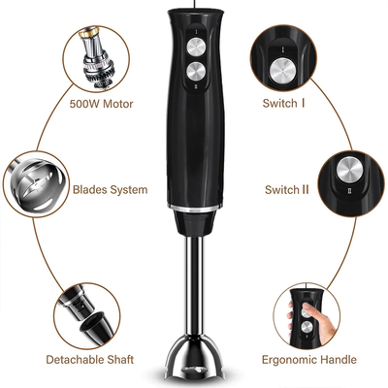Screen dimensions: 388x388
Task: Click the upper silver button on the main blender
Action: [x=196, y=48]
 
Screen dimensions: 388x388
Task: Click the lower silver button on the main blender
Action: [x=196, y=72]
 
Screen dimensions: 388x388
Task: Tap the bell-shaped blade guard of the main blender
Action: [x=195, y=359]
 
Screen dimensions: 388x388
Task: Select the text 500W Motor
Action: [x=101, y=104]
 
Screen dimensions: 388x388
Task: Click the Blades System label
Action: [x=110, y=189]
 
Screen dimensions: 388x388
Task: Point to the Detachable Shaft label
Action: [x=89, y=360]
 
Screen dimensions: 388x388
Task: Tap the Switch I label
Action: [x=283, y=104]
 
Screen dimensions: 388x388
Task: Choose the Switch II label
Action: [x=287, y=189]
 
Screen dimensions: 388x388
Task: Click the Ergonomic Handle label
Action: [x=309, y=360]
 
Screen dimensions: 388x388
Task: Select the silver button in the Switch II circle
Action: [x=348, y=169]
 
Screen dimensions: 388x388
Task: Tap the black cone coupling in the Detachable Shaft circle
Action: [x=96, y=326]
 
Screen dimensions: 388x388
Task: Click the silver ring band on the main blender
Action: [x=195, y=208]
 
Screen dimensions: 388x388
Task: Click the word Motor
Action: [x=118, y=104]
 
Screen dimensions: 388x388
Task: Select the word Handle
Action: [x=339, y=360]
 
